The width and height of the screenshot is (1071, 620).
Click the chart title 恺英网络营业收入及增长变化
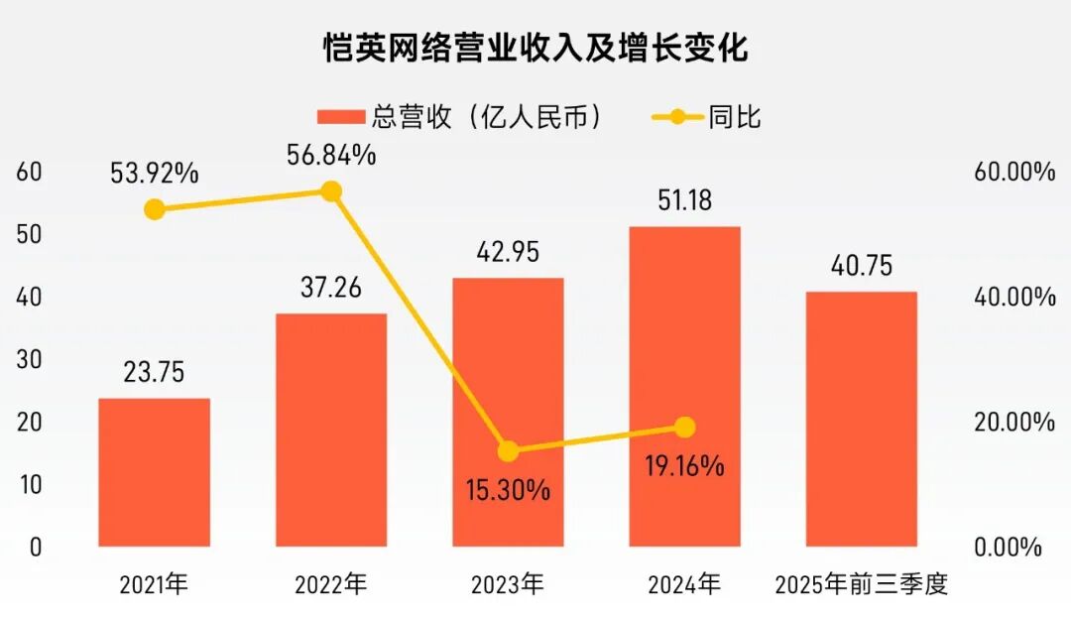pos(535,47)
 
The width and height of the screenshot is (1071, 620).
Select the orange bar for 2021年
pos(154,471)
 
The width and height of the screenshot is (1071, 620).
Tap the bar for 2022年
pos(331,430)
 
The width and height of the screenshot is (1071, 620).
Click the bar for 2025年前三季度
pos(861,418)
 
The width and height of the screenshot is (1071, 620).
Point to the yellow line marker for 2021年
pos(154,209)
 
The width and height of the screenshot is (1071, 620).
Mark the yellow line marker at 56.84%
pos(331,191)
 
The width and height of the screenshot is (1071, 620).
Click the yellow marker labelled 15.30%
pos(508,451)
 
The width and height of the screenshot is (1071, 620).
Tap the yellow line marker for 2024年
pos(684,428)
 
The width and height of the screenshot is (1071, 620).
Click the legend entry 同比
pos(706,117)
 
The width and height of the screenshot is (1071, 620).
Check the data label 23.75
pos(154,373)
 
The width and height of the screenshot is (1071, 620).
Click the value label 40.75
pos(861,266)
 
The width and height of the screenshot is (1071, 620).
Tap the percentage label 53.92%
pos(154,174)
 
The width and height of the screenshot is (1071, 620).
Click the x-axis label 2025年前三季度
pos(861,585)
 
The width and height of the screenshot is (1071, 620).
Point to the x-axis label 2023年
pos(508,585)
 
